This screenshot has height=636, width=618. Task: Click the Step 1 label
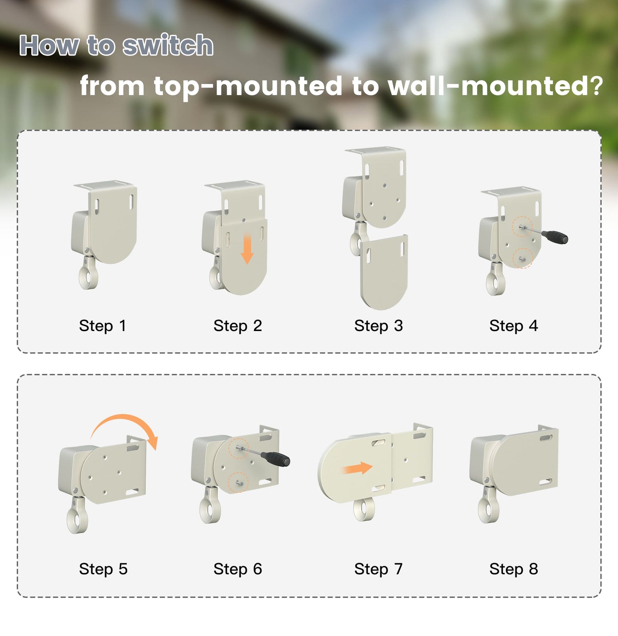102,326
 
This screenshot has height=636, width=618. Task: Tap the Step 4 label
513,326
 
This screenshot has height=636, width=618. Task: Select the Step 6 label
238,569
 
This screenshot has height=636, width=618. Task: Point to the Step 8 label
513,569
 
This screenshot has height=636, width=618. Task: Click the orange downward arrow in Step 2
247,249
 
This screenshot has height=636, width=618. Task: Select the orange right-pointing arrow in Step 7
358,468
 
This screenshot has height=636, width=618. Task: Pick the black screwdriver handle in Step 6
276,458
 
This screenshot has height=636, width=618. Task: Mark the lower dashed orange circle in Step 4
523,258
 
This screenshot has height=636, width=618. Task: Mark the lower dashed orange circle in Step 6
239,482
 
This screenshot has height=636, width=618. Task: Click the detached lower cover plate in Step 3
384,272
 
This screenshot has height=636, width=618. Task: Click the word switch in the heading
168,45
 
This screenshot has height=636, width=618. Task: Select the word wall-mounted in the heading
496,86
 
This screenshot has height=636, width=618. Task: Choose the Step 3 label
379,326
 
